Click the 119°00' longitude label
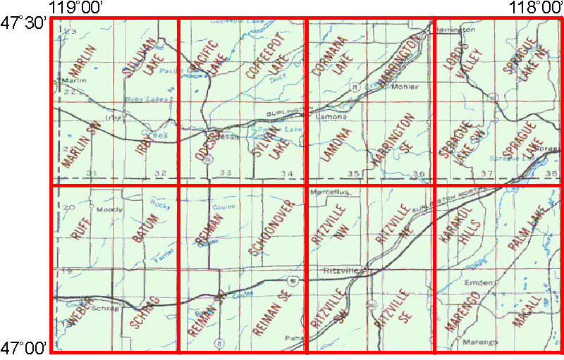point(76,7)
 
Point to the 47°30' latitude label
point(24,23)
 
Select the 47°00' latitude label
point(24,347)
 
